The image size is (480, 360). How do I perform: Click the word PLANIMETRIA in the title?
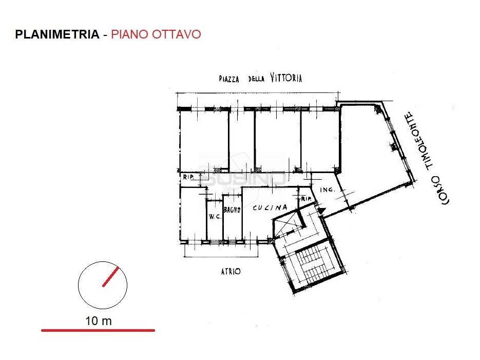tap(57, 34)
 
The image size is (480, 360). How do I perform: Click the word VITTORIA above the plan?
tap(284, 78)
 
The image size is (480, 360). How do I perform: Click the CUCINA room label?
tap(270, 208)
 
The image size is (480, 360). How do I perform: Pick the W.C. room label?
tap(214, 217)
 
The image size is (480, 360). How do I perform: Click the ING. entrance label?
tap(327, 190)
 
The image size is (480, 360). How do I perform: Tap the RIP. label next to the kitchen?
tap(308, 199)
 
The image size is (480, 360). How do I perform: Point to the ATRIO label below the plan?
tap(230, 271)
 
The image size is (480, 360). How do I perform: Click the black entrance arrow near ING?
tap(321, 210)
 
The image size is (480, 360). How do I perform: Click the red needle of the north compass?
tap(110, 276)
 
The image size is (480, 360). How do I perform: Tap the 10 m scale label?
tap(98, 321)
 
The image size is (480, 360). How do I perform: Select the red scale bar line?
tap(98, 330)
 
